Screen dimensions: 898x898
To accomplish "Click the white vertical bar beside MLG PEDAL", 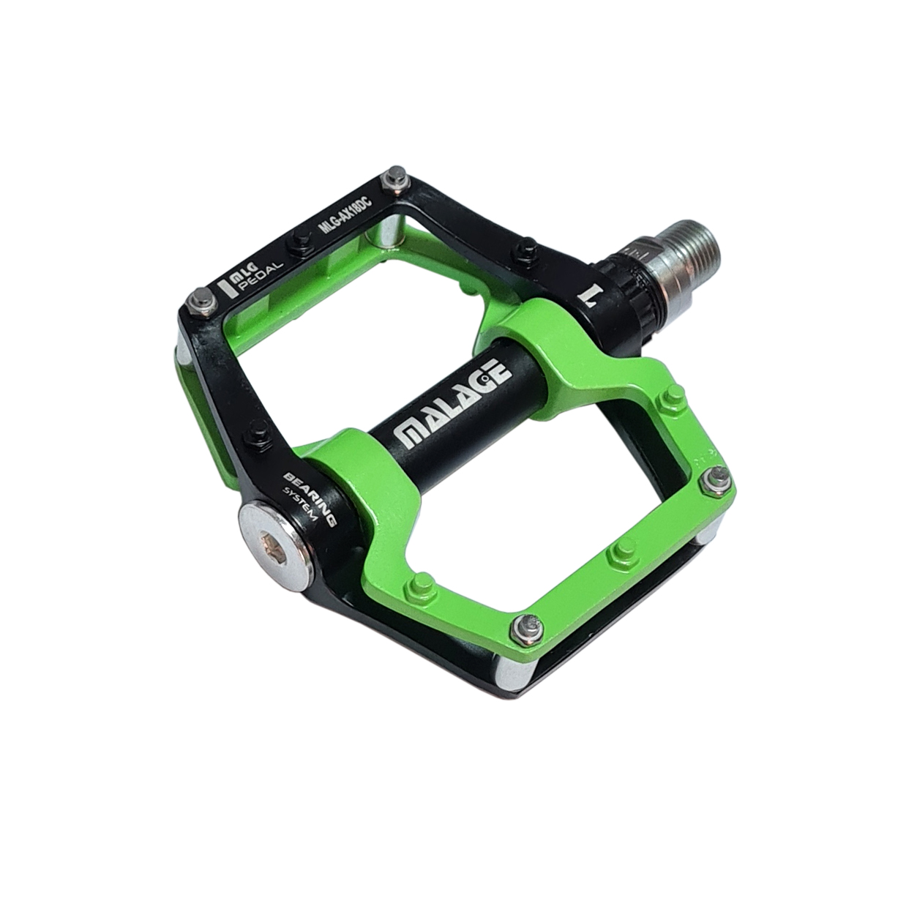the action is tap(229, 288).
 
